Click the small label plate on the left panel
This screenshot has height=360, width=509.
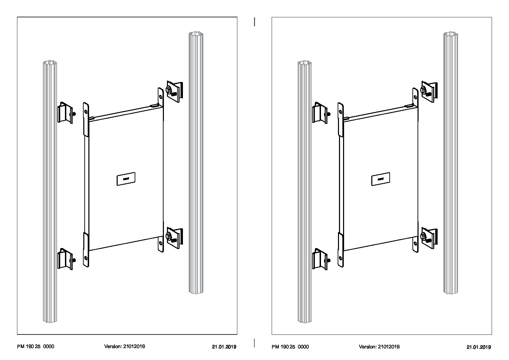pyautogui.click(x=126, y=179)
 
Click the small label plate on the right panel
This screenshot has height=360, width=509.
pyautogui.click(x=380, y=179)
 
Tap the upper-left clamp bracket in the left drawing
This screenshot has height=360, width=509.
pyautogui.click(x=65, y=113)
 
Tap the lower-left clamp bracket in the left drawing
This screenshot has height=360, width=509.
pyautogui.click(x=65, y=259)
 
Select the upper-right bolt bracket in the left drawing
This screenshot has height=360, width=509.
pyautogui.click(x=174, y=91)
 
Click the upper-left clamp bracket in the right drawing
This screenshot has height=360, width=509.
pyautogui.click(x=320, y=113)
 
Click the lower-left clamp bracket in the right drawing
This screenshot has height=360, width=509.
pyautogui.click(x=320, y=259)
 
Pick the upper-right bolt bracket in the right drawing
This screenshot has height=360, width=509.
pyautogui.click(x=429, y=91)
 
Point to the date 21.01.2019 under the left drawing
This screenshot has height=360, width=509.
pyautogui.click(x=224, y=347)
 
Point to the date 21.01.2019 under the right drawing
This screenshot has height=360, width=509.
pyautogui.click(x=478, y=347)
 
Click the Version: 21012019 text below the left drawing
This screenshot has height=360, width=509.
pyautogui.click(x=124, y=346)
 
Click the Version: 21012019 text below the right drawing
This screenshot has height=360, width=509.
pyautogui.click(x=379, y=346)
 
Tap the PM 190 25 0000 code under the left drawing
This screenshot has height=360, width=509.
pyautogui.click(x=35, y=346)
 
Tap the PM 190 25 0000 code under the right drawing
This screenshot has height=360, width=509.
pyautogui.click(x=290, y=346)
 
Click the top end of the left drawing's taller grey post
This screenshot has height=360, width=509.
pyautogui.click(x=196, y=34)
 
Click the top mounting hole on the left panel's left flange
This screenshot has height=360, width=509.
pyautogui.click(x=86, y=111)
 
